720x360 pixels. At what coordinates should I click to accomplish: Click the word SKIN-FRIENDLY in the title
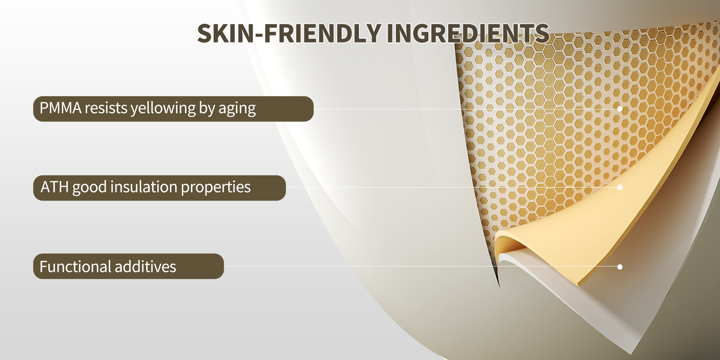pyautogui.click(x=289, y=33)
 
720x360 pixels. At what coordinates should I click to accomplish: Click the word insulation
pyautogui.click(x=144, y=187)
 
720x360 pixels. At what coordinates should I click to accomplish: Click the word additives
pyautogui.click(x=145, y=267)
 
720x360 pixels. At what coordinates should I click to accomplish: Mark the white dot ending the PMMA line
pyautogui.click(x=620, y=109)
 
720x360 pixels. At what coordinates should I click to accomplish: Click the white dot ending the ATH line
pyautogui.click(x=620, y=187)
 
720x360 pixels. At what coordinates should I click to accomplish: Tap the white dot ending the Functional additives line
pyautogui.click(x=620, y=267)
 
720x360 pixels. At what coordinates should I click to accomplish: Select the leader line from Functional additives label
pyautogui.click(x=420, y=267)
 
